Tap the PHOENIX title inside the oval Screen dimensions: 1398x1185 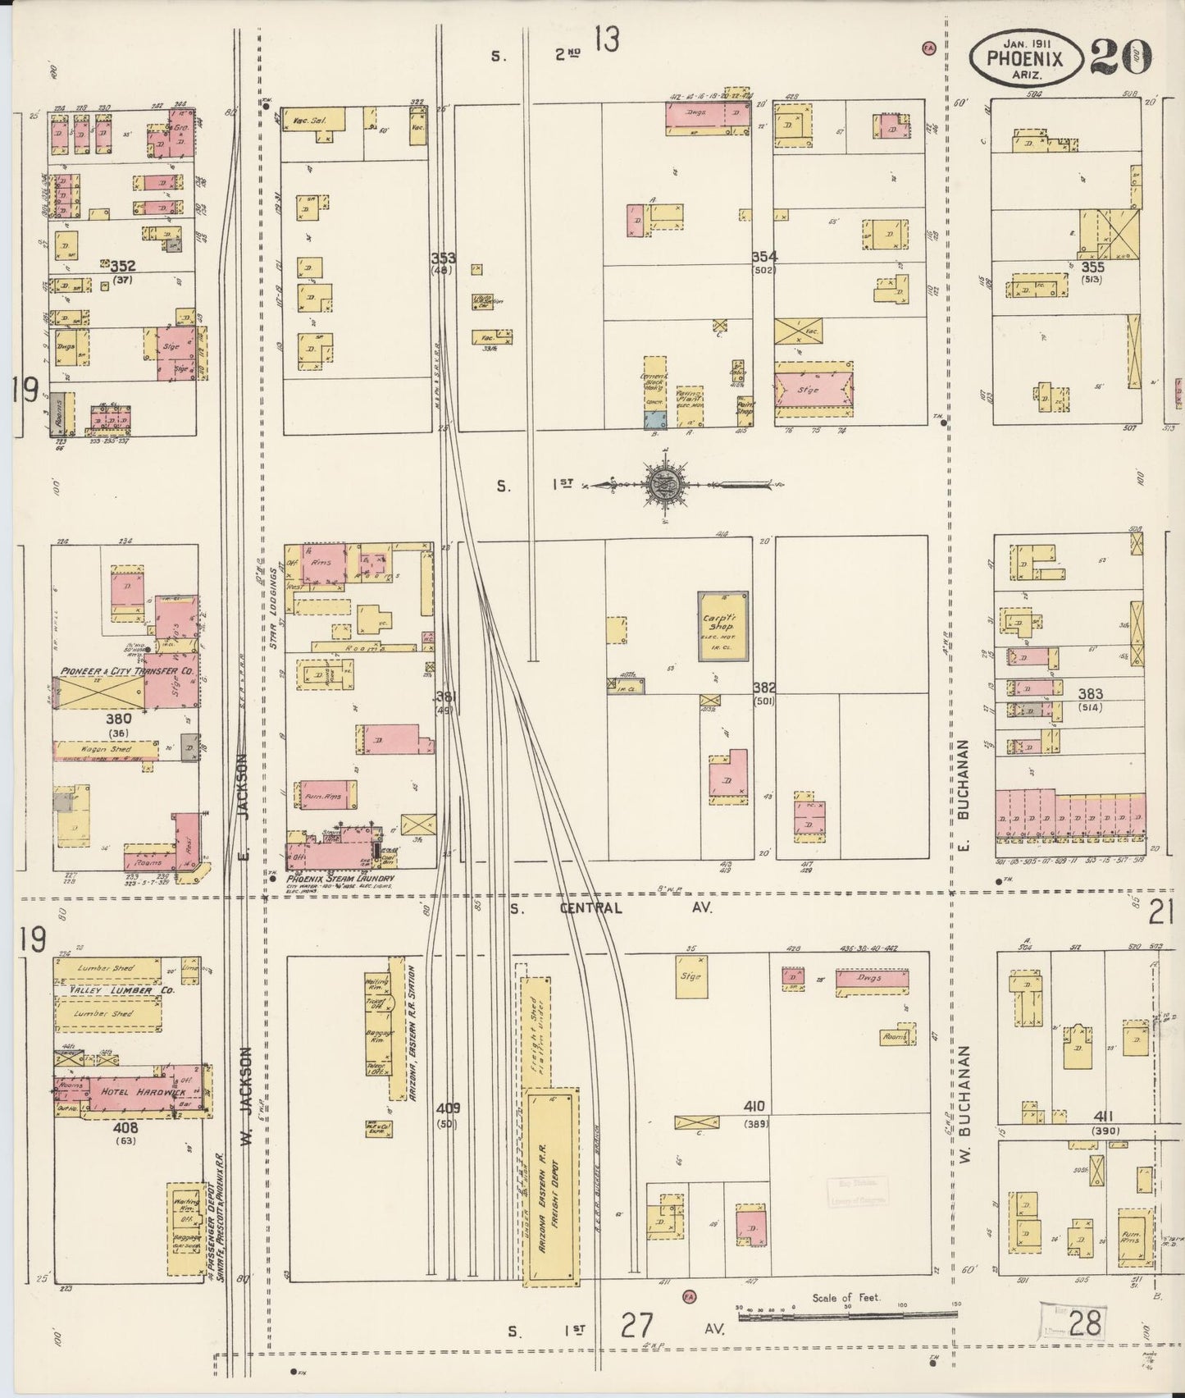(x=1025, y=58)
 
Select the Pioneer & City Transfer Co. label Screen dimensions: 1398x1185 (x=125, y=671)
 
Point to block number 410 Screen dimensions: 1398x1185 (x=754, y=1107)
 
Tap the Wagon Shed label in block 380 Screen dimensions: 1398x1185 (x=107, y=749)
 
